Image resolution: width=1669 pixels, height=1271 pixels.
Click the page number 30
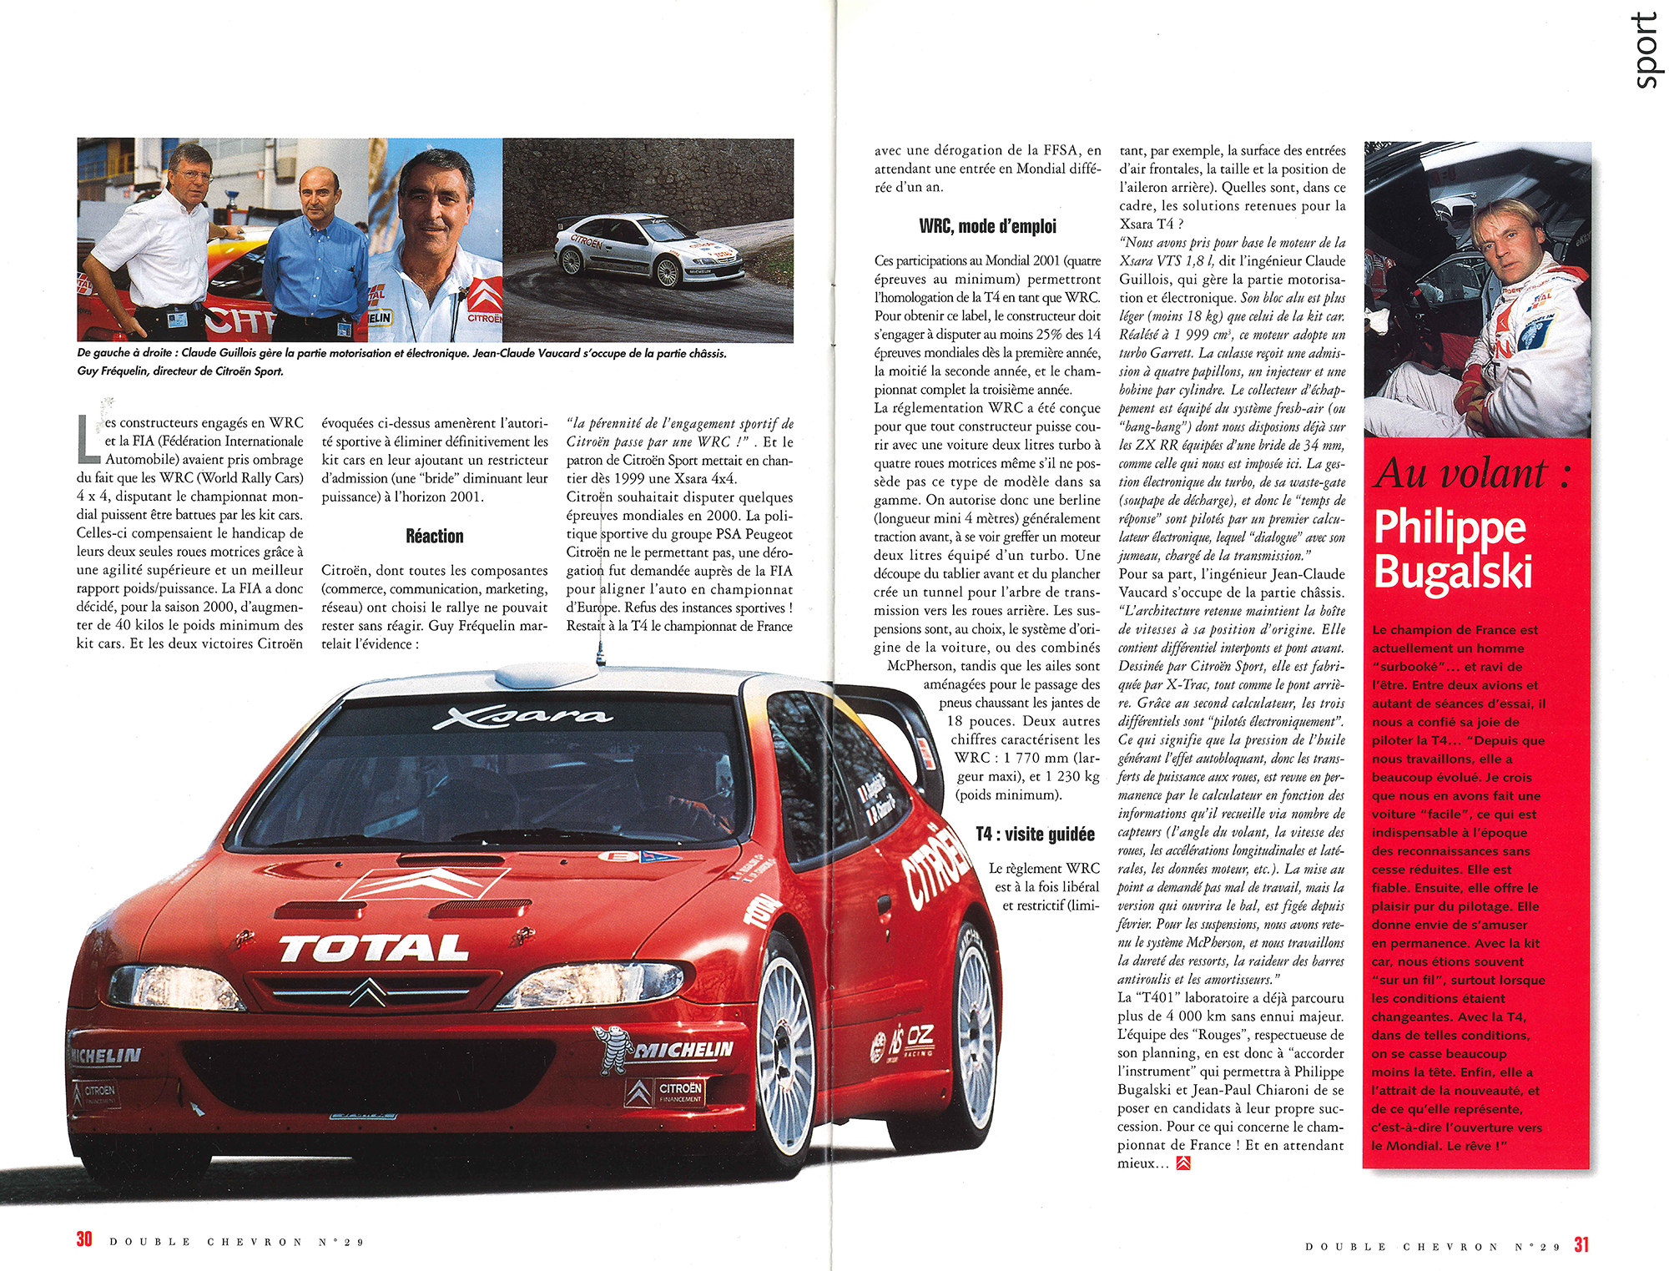click(x=84, y=1239)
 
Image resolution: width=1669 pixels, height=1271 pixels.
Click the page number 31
click(x=1581, y=1244)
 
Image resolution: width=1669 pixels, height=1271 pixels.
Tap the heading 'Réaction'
click(x=434, y=536)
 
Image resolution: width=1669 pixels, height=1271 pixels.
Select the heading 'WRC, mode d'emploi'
click(x=987, y=226)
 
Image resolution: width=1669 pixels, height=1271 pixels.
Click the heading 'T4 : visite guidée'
click(x=1035, y=834)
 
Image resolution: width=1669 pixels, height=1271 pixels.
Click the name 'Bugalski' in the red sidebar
click(x=1453, y=572)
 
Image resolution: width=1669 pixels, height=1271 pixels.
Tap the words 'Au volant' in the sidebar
click(x=1461, y=473)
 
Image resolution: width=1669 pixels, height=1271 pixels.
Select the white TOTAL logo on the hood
click(x=374, y=948)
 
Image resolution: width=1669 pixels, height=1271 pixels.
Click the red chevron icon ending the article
click(x=1182, y=1163)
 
